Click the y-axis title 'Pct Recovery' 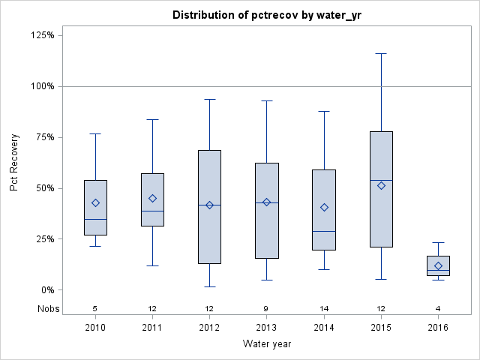tap(15, 162)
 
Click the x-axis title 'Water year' tap(266, 343)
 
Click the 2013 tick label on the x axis tap(266, 327)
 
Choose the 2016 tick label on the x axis tap(438, 327)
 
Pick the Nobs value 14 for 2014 tap(324, 308)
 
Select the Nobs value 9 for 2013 tap(266, 308)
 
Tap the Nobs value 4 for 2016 tap(438, 308)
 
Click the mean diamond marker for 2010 tap(95, 202)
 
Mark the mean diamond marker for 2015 tap(381, 185)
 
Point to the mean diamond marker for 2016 tap(438, 265)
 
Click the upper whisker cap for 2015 tap(381, 53)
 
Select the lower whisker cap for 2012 tap(209, 286)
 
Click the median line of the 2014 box tap(324, 231)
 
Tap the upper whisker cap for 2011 tap(152, 119)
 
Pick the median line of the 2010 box tap(95, 219)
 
